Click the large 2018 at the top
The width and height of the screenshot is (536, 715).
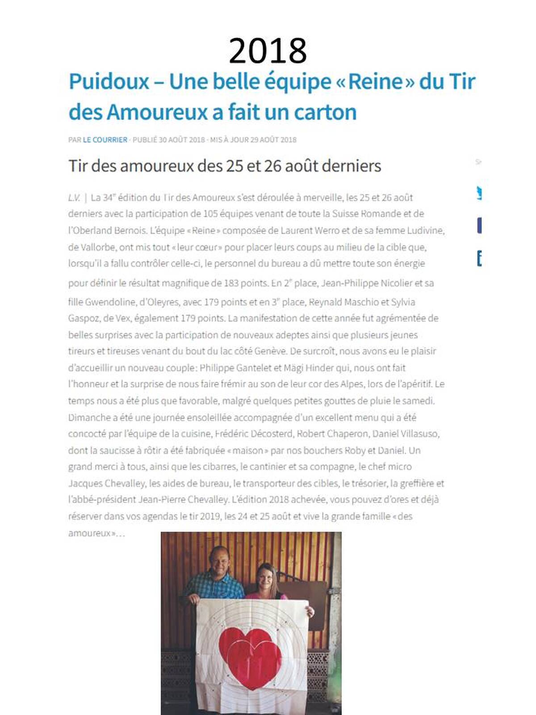(268, 51)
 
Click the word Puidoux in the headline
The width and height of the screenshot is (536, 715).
(109, 81)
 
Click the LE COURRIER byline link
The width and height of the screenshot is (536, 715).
(105, 140)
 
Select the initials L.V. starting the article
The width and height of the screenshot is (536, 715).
(74, 198)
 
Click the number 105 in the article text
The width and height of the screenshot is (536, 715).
(210, 214)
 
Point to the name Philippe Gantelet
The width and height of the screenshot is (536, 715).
(235, 368)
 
